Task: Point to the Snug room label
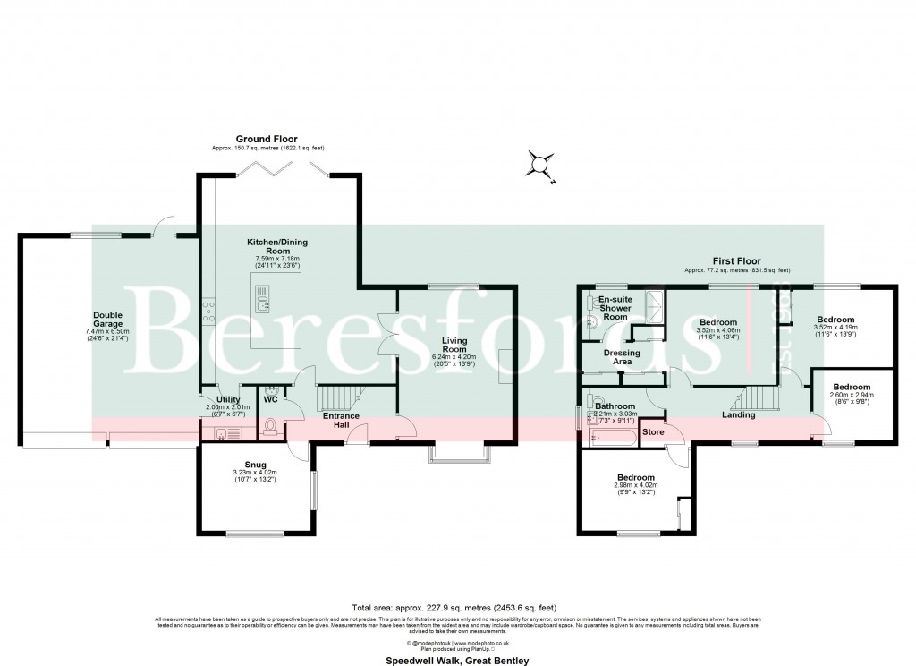tap(256, 464)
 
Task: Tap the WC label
tap(271, 399)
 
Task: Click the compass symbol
tap(539, 165)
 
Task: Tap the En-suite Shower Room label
tap(615, 308)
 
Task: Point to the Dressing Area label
tap(622, 357)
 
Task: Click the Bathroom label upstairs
tap(615, 406)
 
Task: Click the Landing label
tap(739, 414)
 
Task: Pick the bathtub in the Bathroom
tap(614, 439)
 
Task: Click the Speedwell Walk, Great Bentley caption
tap(457, 661)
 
